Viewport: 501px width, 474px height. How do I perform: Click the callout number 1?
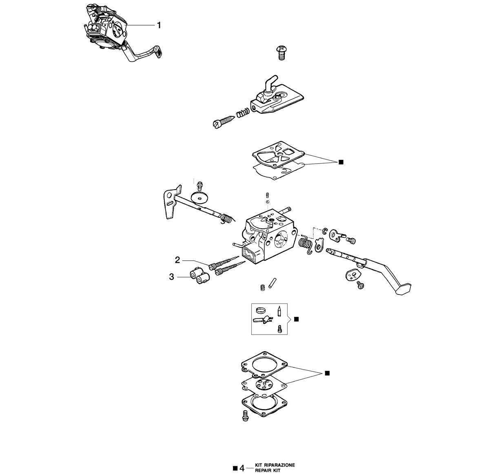point(159,25)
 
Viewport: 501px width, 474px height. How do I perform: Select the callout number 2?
point(177,260)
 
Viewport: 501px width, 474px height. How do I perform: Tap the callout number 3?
point(171,277)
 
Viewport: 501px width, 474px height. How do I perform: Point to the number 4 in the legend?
point(242,468)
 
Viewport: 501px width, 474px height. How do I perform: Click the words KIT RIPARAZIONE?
point(275,465)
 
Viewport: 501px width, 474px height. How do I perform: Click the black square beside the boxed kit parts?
point(296,319)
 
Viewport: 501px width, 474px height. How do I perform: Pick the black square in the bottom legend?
point(235,468)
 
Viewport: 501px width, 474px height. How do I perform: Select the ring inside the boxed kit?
point(261,310)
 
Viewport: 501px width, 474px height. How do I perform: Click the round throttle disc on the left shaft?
point(200,197)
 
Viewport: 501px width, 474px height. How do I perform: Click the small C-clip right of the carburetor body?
point(325,230)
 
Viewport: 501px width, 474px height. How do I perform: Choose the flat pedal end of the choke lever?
point(403,288)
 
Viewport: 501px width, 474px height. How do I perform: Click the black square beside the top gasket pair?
point(341,162)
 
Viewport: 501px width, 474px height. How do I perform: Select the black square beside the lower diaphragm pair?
point(328,373)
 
